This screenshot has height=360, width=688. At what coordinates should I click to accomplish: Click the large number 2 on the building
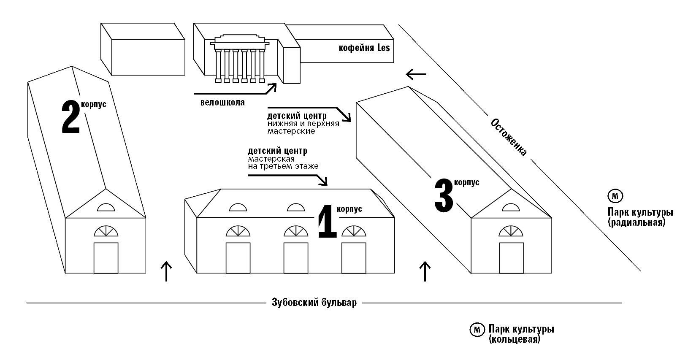pos(70,117)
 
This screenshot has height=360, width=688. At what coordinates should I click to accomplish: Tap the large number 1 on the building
pos(327,222)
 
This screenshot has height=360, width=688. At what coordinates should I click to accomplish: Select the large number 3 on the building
pos(444,195)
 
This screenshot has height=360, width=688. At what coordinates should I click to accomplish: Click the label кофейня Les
pos(364,48)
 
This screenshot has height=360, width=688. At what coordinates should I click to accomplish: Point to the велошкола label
pos(222,103)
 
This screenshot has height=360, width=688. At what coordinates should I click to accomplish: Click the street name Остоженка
pos(509,137)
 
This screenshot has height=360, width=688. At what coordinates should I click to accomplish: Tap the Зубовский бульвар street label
pos(314,303)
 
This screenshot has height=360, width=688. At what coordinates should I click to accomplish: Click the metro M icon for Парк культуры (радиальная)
pos(615,196)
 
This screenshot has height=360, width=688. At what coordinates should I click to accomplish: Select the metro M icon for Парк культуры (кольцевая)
pos(477,330)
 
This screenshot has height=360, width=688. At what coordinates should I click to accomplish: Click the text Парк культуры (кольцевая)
pos(521,333)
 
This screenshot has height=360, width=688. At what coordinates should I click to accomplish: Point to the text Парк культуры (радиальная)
pos(639,217)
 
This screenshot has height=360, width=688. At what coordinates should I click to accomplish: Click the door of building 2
pos(106,257)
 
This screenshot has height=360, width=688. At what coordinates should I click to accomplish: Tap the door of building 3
pos(511,257)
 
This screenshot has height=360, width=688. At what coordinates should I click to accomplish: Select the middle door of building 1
pos(295,257)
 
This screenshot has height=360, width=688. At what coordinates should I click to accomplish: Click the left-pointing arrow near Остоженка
pos(416,75)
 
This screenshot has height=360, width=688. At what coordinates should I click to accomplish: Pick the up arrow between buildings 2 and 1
pos(166,271)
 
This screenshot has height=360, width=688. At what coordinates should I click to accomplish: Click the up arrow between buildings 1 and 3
pos(425,271)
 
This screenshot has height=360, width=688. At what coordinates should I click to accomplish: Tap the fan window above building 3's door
pos(511,231)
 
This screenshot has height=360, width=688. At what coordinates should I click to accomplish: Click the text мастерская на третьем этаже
pos(283,163)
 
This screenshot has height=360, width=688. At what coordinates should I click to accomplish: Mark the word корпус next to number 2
pos(94,105)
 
